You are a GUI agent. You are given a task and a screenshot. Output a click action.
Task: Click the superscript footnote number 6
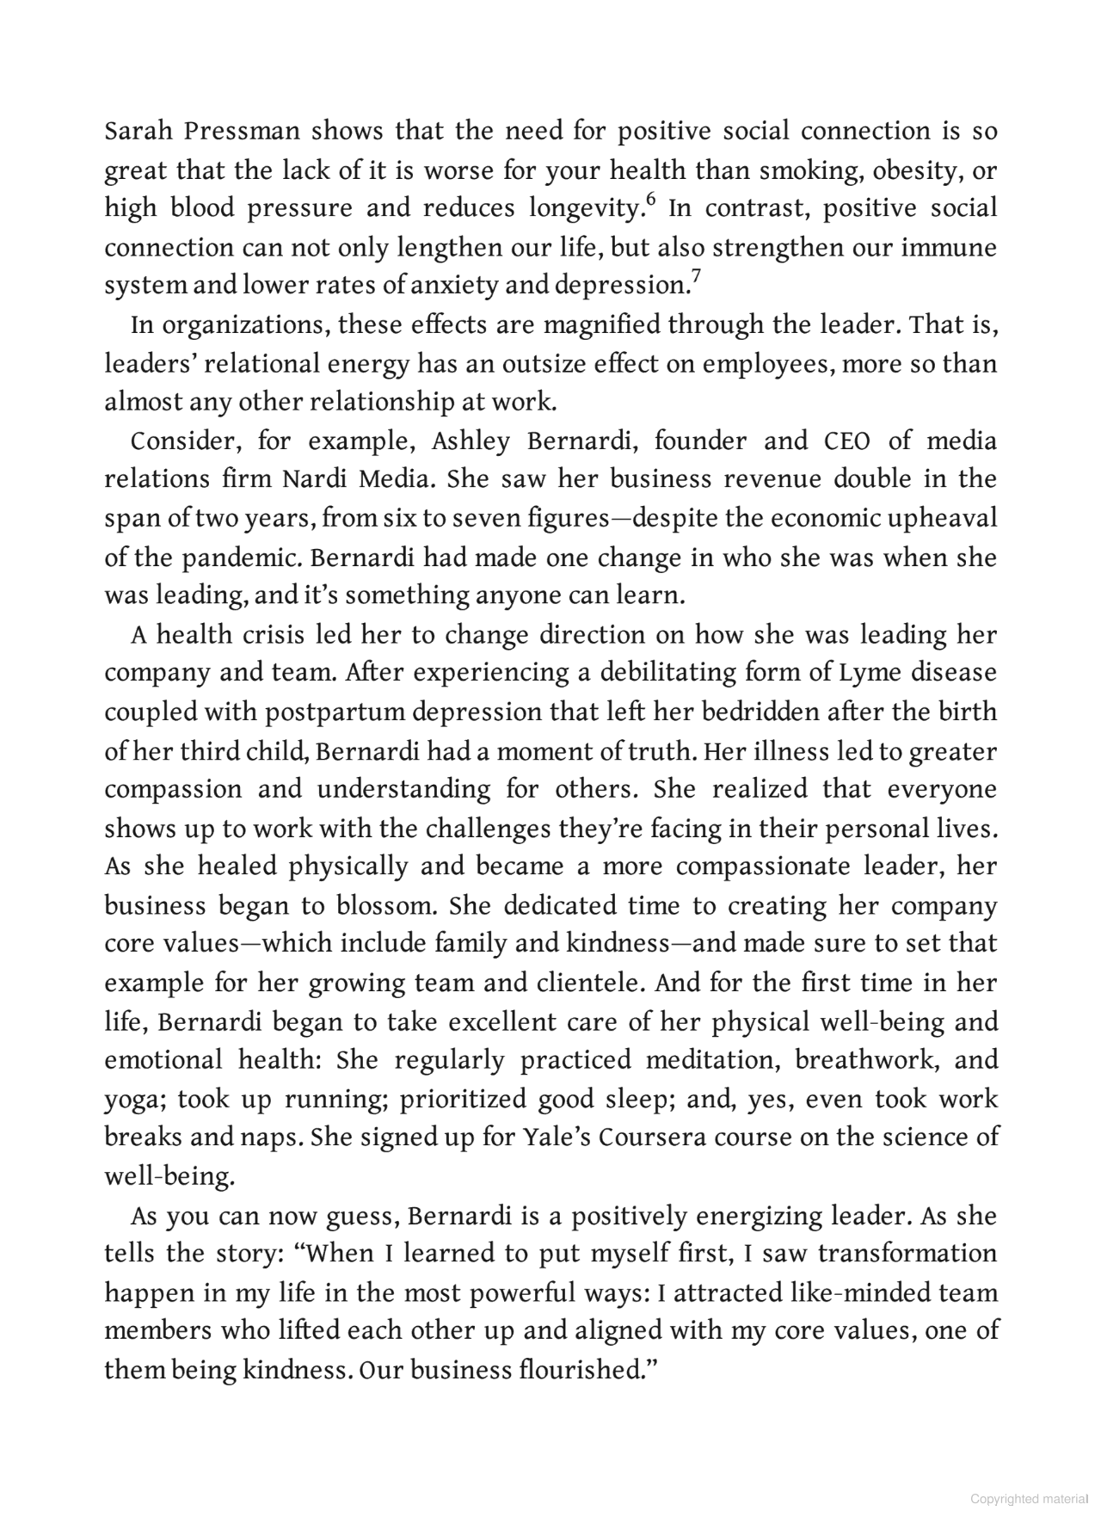[650, 200]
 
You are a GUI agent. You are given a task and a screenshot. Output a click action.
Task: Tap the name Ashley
[471, 441]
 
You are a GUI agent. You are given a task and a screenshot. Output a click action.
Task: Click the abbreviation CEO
[847, 441]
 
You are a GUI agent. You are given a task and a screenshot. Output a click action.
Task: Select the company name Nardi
[316, 479]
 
